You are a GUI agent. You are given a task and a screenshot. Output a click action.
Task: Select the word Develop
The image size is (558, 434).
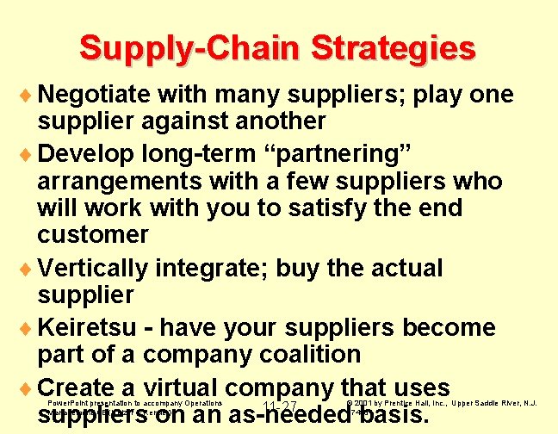tap(90, 154)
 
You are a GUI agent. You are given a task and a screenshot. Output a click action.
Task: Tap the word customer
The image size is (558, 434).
tap(93, 234)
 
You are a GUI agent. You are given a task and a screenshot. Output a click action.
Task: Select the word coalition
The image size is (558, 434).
tap(306, 354)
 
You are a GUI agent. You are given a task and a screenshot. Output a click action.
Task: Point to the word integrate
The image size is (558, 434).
tap(217, 269)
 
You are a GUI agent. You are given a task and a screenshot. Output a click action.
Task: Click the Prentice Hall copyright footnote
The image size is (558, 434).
tap(442, 402)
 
